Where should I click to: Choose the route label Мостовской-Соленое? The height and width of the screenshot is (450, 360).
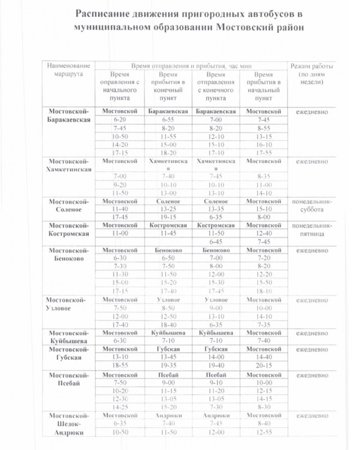click(69, 205)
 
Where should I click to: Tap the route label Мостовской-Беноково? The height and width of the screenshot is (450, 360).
click(69, 254)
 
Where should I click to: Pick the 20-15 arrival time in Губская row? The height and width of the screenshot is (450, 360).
click(264, 364)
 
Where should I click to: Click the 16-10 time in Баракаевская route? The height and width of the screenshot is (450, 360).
click(264, 144)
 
